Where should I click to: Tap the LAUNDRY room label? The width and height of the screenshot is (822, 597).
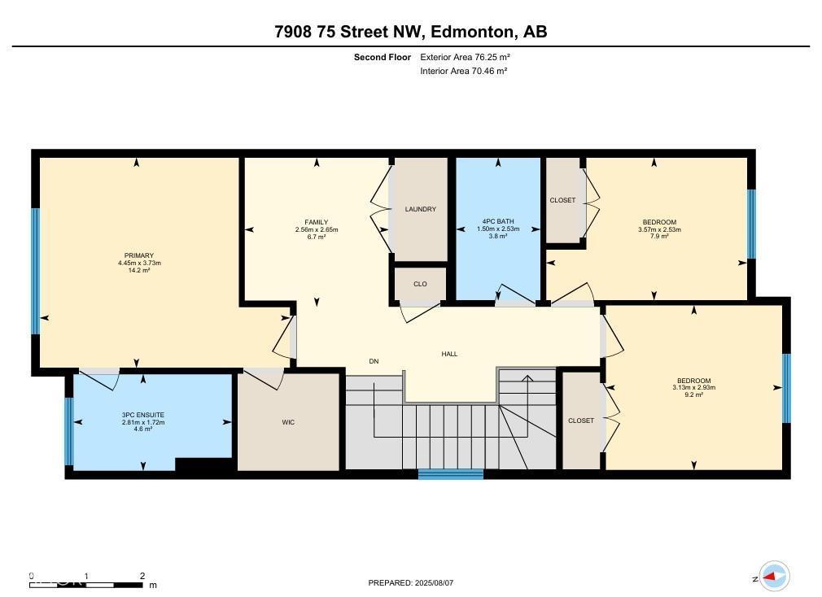(x=421, y=209)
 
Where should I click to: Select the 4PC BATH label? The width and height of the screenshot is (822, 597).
(x=498, y=222)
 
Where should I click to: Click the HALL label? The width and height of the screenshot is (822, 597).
(x=449, y=354)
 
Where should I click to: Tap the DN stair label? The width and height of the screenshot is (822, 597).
(x=374, y=361)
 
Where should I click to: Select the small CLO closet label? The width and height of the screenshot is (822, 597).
(x=420, y=284)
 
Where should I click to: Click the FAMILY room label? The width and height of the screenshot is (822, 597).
(x=316, y=222)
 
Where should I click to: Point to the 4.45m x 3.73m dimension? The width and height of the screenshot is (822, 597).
(x=139, y=263)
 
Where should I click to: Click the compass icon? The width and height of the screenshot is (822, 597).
(x=774, y=577)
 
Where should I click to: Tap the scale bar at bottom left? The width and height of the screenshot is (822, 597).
(x=87, y=582)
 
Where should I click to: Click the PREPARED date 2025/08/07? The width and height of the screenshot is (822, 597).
(x=411, y=582)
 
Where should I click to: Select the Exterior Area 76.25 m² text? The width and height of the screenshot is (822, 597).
(x=465, y=57)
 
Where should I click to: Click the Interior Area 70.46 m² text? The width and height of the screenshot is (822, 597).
(x=463, y=71)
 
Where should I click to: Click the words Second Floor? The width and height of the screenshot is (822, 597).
(x=382, y=57)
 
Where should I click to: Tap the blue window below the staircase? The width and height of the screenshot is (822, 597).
(x=450, y=474)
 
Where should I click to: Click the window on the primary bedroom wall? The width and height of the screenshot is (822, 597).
(x=36, y=272)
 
